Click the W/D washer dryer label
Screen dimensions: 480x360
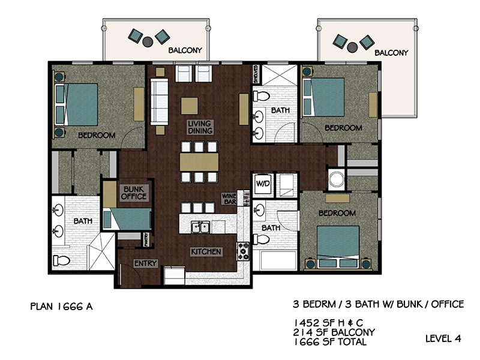(x=263, y=184)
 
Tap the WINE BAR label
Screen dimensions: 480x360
(x=229, y=199)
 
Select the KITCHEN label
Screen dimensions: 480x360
(x=206, y=251)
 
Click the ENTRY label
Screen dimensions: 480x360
(x=145, y=263)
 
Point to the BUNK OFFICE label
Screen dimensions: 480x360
(x=133, y=193)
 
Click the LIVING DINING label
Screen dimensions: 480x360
(x=200, y=127)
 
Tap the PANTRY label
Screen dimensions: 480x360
(x=146, y=239)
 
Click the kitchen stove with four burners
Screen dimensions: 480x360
(x=244, y=251)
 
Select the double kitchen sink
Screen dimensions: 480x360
(x=200, y=227)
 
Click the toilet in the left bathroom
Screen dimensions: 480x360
(x=61, y=260)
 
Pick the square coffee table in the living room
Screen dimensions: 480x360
(x=189, y=106)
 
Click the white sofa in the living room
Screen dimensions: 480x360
(x=159, y=101)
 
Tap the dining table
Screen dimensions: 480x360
(x=199, y=162)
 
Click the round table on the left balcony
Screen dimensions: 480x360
(x=148, y=41)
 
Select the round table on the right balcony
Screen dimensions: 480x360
(x=352, y=47)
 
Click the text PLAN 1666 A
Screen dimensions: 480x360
(x=62, y=307)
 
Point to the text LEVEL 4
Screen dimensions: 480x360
(x=443, y=338)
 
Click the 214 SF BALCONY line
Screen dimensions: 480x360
(x=334, y=332)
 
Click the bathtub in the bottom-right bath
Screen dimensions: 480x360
(x=278, y=260)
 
